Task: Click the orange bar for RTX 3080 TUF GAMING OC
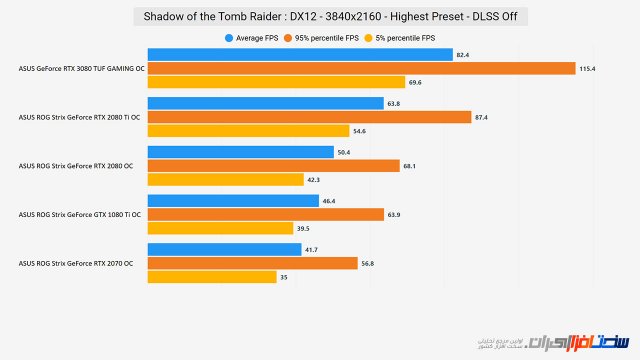pos(361,68)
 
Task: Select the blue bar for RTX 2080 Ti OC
pos(265,103)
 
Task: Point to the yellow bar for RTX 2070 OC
pos(212,277)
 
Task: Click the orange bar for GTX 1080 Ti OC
pos(265,214)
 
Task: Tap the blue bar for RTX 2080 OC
pos(240,152)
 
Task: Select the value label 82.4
pos(464,54)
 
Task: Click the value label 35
pos(285,277)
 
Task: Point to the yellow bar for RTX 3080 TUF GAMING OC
pos(276,82)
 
